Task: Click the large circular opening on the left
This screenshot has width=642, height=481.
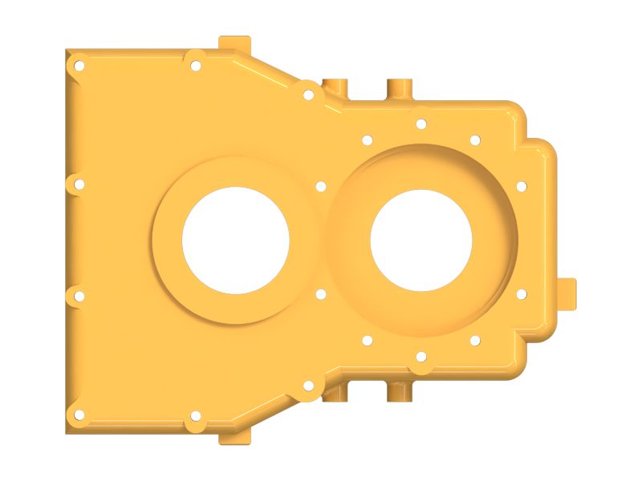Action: point(235,240)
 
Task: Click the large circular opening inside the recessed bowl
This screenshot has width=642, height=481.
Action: point(421,240)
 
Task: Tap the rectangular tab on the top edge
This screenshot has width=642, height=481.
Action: point(235,42)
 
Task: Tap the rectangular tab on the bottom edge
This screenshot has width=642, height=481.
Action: point(235,438)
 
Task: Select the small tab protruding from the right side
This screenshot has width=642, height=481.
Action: point(568,293)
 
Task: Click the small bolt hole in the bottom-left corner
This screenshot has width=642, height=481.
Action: point(79,414)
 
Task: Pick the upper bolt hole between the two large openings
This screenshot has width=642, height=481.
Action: point(321,186)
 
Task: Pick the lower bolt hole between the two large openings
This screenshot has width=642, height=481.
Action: point(321,294)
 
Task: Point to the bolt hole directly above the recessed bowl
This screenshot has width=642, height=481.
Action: point(421,123)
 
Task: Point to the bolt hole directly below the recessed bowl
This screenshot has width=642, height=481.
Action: point(421,358)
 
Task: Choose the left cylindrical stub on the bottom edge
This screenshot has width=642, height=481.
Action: point(335,394)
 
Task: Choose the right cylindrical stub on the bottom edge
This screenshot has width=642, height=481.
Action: point(398,393)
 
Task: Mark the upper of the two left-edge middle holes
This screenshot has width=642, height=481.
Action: point(79,184)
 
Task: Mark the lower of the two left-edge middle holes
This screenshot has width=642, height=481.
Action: point(79,297)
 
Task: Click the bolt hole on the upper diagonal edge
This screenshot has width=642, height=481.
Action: point(308,95)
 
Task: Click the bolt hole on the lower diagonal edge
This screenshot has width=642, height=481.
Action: point(308,386)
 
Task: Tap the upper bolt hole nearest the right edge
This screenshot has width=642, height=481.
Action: point(521,186)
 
